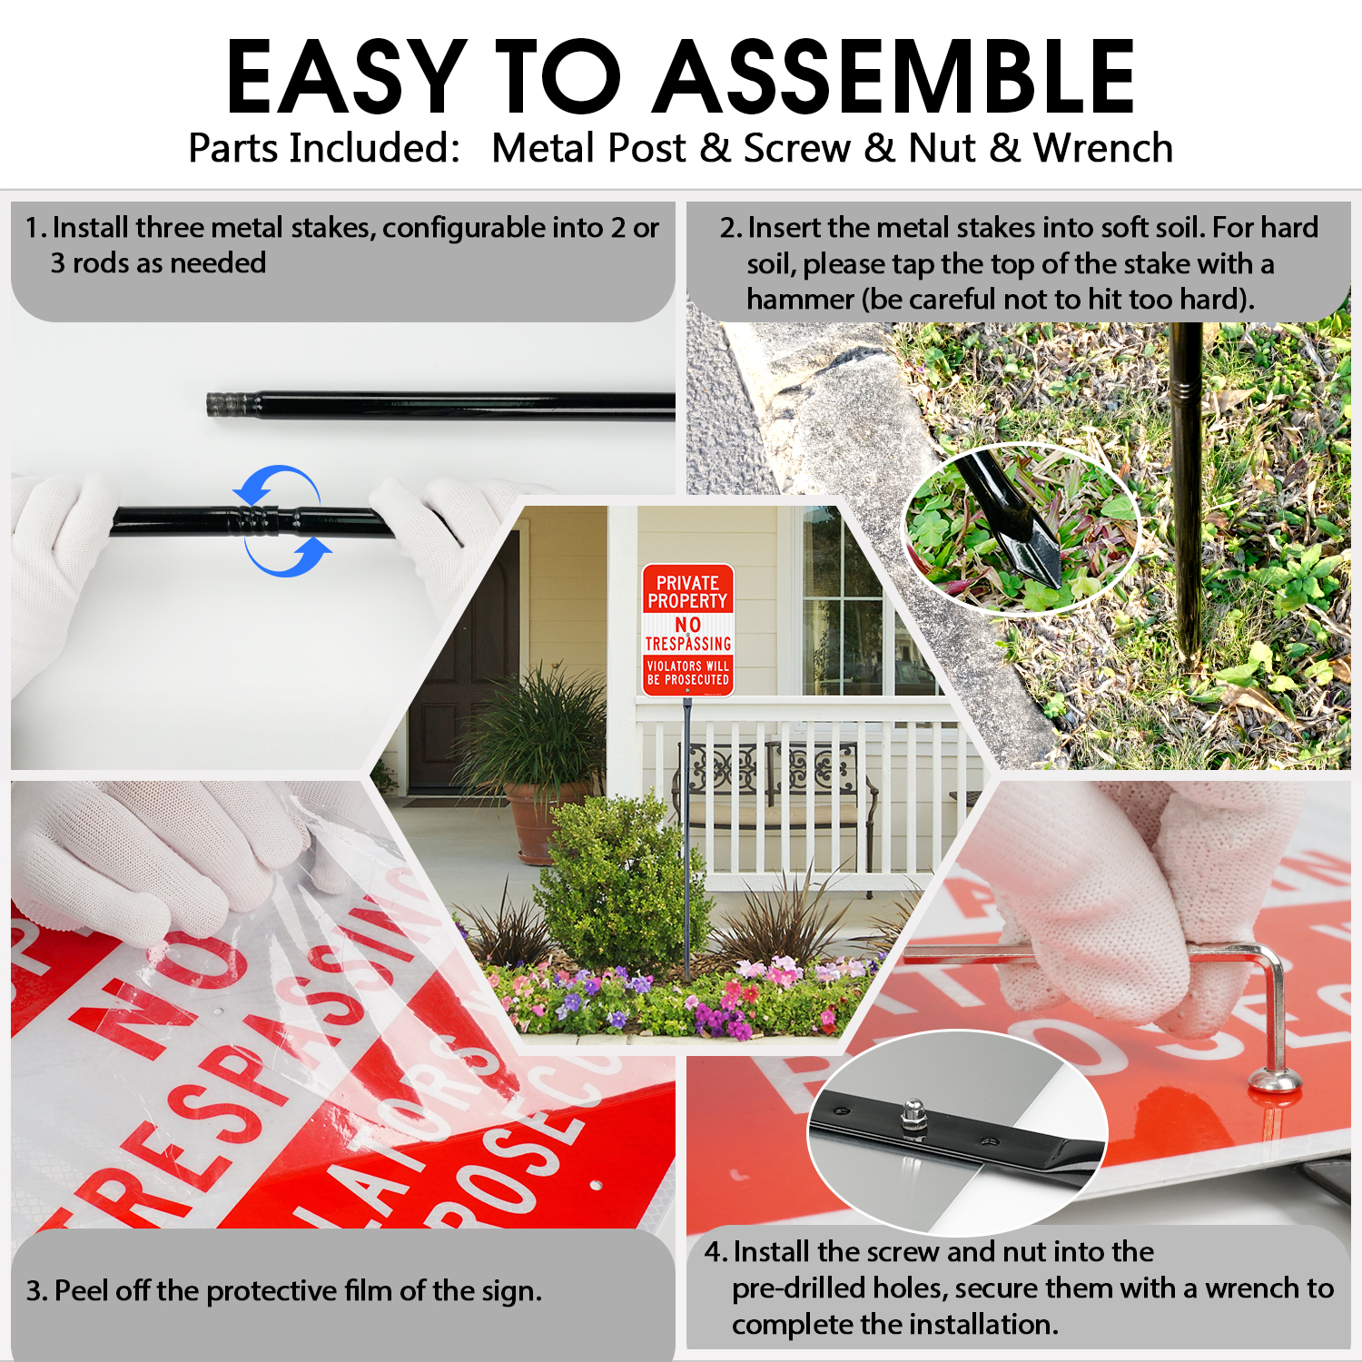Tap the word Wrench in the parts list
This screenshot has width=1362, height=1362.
pyautogui.click(x=1102, y=148)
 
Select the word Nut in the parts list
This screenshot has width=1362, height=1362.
pyautogui.click(x=943, y=148)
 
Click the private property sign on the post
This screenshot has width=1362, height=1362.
pyautogui.click(x=687, y=630)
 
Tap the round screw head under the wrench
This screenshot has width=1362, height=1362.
pyautogui.click(x=1275, y=1079)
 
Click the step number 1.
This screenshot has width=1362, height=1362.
pyautogui.click(x=35, y=228)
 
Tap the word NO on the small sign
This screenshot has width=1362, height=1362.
pyautogui.click(x=687, y=625)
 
